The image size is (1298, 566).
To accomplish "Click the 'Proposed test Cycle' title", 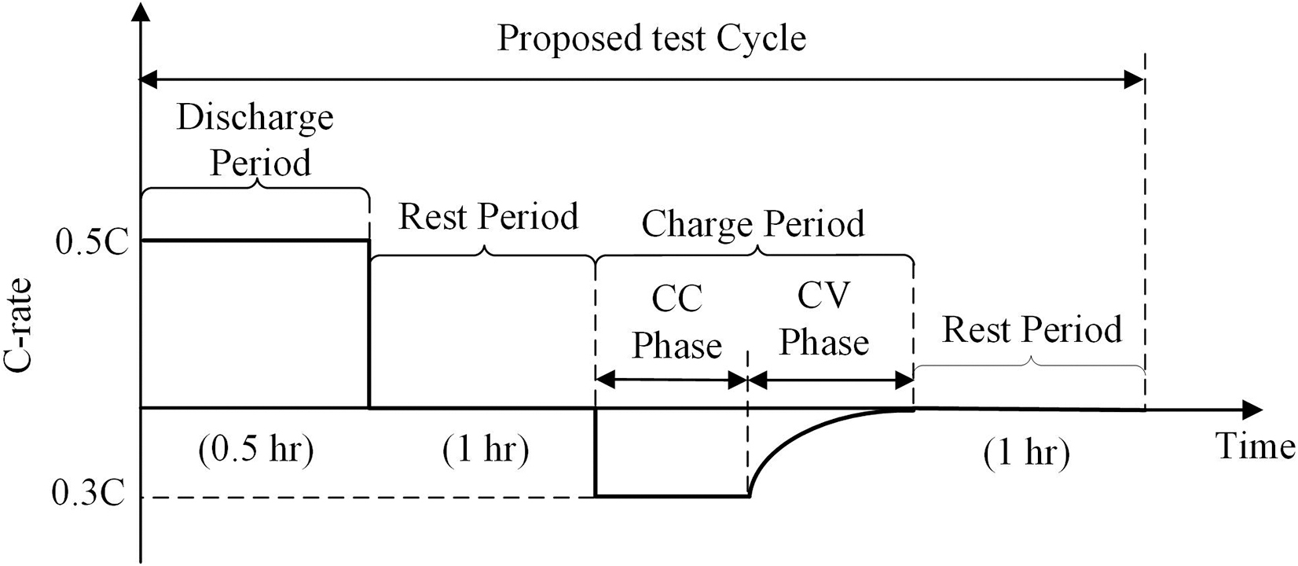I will click(651, 38).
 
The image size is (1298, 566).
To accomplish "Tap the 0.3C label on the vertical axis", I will click(88, 496).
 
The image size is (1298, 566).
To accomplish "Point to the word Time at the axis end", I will click(1255, 446).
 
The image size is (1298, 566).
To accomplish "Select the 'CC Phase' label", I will click(676, 322).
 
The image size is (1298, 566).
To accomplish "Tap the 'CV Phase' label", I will click(823, 319).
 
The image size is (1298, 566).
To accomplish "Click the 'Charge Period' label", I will click(753, 224).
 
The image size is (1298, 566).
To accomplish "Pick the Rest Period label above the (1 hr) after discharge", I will click(488, 216).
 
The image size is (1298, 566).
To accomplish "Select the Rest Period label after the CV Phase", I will click(1031, 329).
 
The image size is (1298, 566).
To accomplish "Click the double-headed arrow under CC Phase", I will click(673, 381).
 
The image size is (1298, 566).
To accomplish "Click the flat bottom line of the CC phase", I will click(673, 496).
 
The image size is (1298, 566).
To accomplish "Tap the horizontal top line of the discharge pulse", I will click(256, 241).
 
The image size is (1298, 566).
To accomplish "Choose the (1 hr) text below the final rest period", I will click(1026, 454).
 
